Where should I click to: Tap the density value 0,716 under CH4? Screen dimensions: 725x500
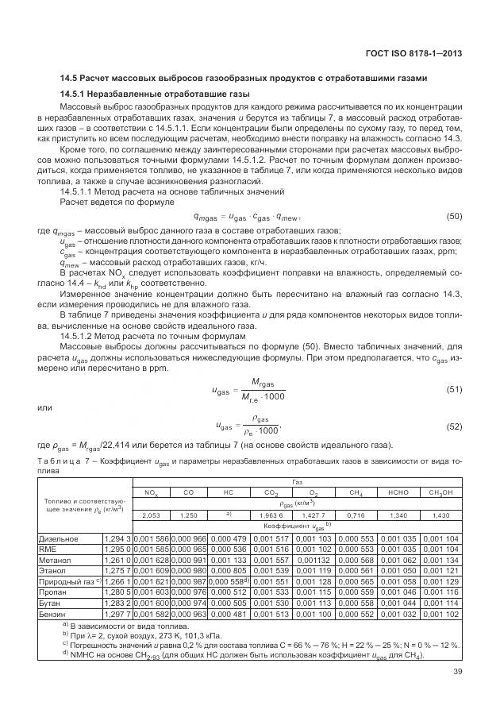[356, 515]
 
